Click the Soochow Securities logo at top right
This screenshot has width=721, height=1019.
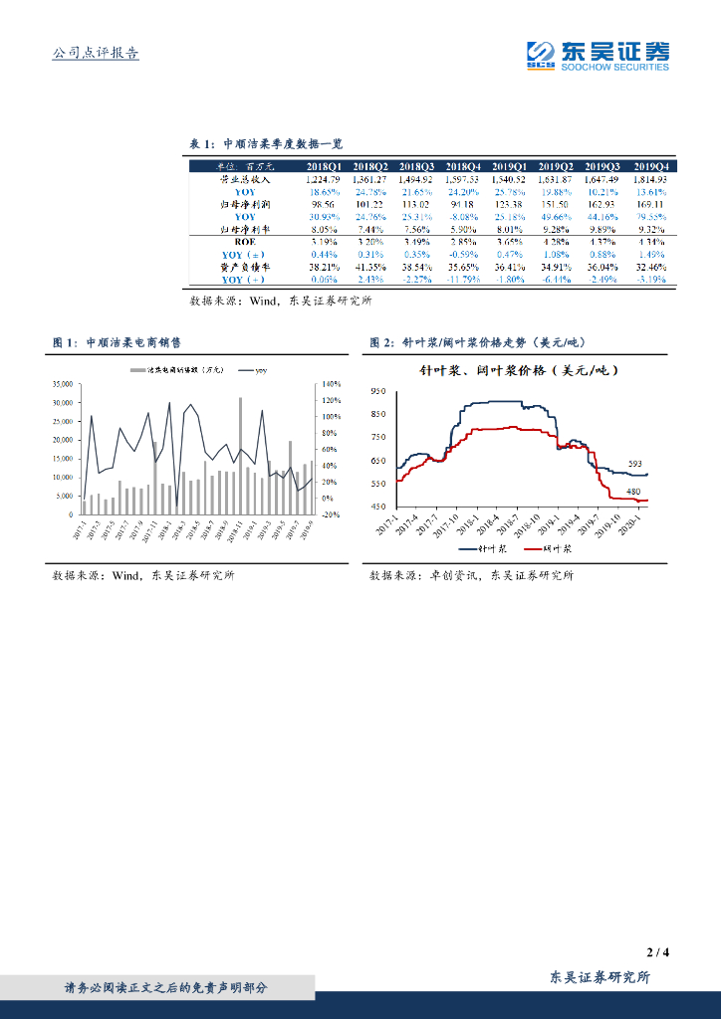pos(598,55)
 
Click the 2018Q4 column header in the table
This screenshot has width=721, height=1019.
pos(463,166)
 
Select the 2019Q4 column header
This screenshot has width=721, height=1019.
pos(651,166)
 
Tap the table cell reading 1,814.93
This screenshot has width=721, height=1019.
pos(651,179)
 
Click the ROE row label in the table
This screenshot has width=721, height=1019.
pos(245,242)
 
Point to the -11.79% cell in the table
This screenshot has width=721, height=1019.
pos(463,280)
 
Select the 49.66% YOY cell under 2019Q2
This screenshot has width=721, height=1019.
pos(558,217)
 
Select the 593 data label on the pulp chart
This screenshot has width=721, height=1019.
pos(634,463)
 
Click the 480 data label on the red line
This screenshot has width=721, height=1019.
pos(633,492)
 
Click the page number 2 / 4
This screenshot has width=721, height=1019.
pos(657,952)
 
